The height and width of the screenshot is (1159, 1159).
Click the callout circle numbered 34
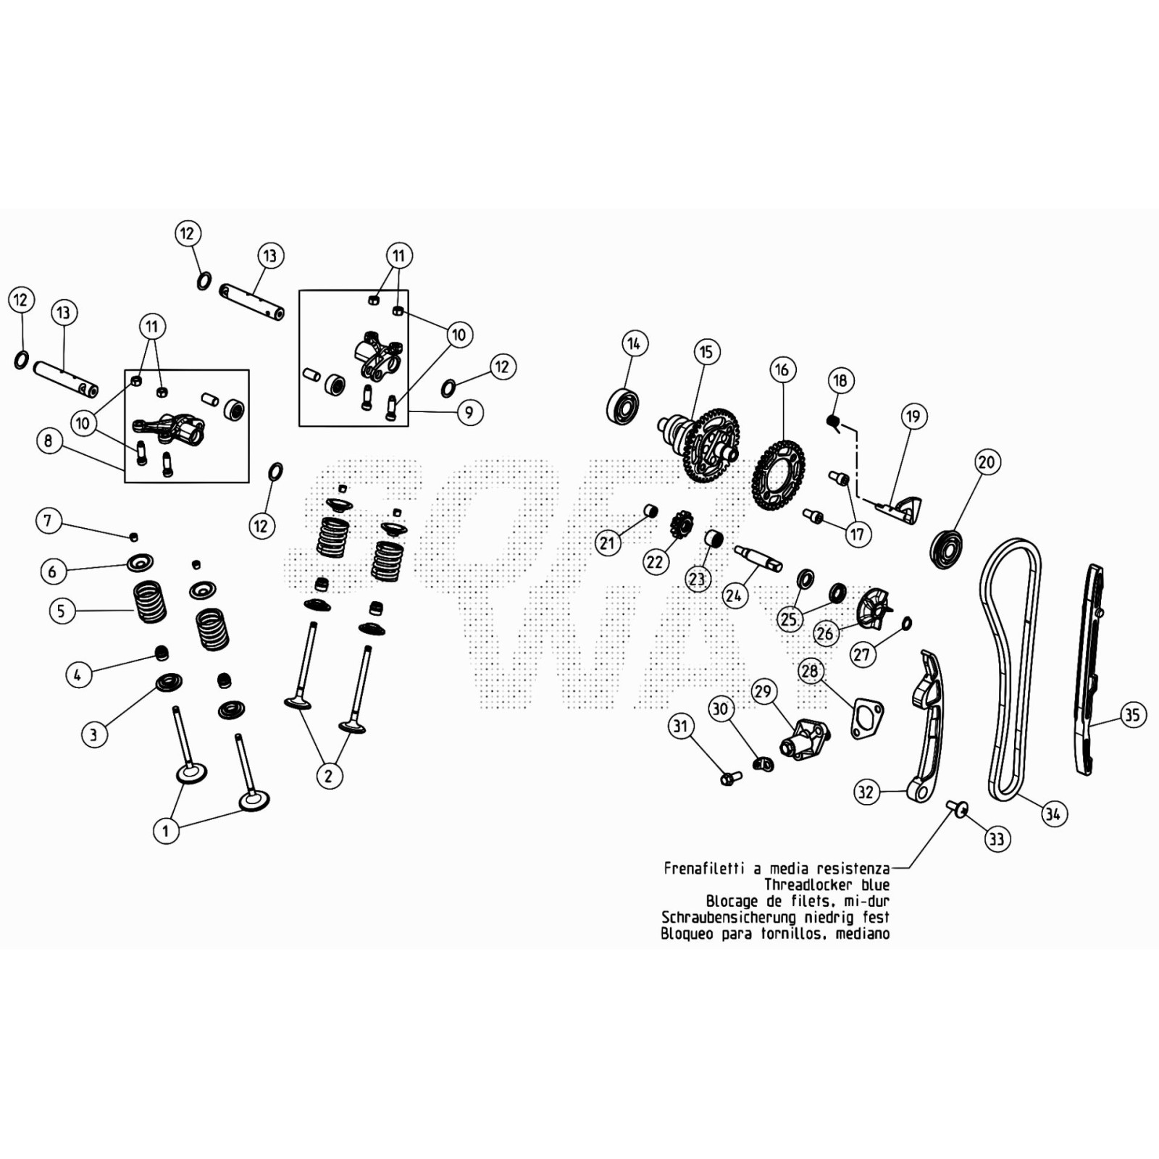[x=1053, y=813]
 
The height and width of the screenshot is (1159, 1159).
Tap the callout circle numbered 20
[x=987, y=462]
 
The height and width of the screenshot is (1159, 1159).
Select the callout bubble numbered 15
[x=706, y=353]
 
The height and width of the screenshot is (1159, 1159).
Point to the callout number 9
[x=469, y=412]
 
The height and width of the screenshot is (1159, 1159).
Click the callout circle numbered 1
[x=165, y=830]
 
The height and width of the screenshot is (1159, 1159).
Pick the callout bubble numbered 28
[x=810, y=671]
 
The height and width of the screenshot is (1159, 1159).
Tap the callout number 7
[x=48, y=520]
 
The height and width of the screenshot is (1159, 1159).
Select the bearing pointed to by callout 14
[x=622, y=406]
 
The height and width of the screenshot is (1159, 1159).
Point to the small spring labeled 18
[x=833, y=421]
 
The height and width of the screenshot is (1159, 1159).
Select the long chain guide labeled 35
[x=1089, y=670]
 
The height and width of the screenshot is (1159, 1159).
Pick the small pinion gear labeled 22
[x=681, y=523]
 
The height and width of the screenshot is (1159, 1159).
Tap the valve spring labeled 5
[x=150, y=601]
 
